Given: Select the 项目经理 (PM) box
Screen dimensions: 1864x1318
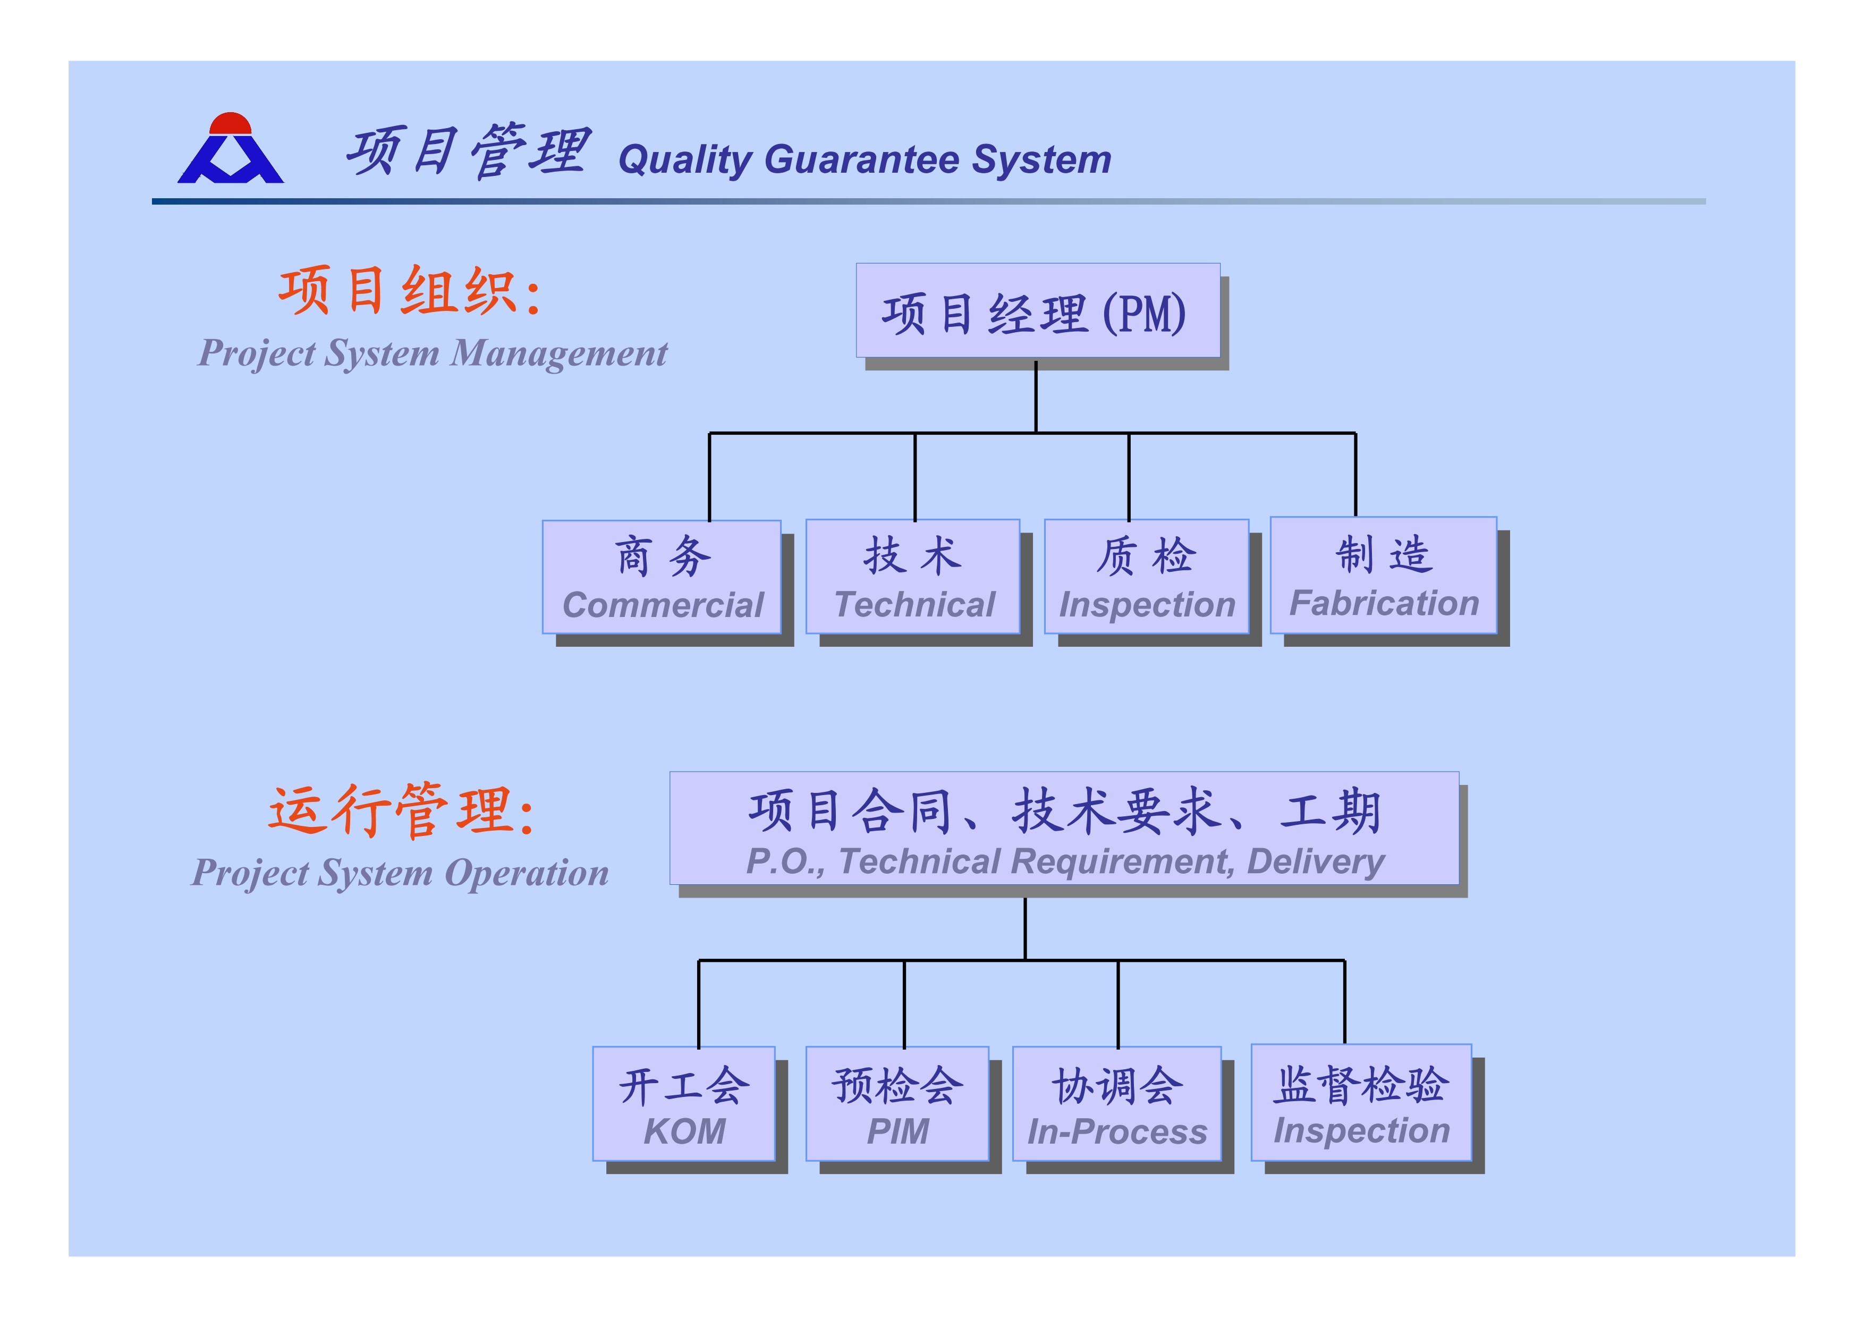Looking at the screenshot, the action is pos(1038,310).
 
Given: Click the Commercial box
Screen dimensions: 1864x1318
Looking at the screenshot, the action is pos(662,577).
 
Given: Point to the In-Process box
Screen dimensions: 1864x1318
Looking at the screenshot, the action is pos(1117,1104).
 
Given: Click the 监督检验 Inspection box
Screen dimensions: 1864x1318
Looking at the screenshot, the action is pos(1361,1102).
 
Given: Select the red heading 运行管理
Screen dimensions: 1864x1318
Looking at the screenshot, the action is pos(402,809).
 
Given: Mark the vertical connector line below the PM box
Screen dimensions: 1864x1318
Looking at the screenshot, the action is pos(1036,396).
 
